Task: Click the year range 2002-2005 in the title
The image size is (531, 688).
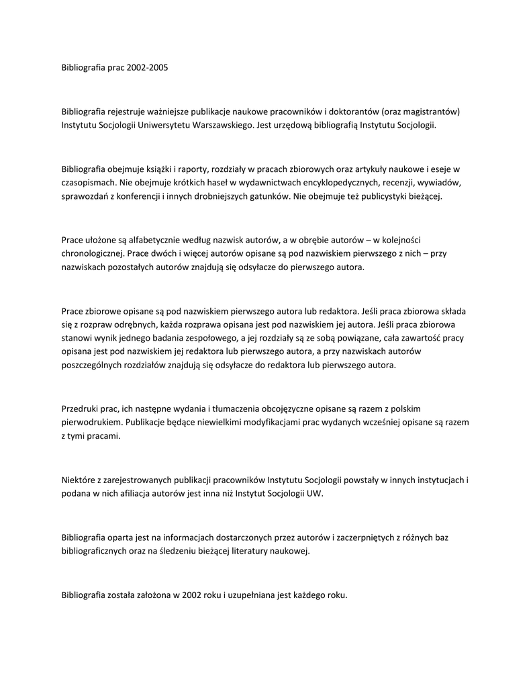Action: pos(146,69)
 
